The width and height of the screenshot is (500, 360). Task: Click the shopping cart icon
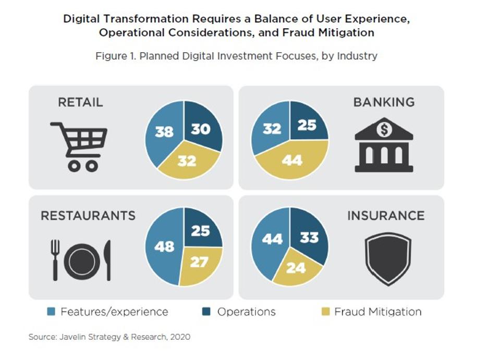coord(79,146)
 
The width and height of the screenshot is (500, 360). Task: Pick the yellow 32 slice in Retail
coord(187,161)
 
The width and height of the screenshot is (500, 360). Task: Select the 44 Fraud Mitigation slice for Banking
coord(292,160)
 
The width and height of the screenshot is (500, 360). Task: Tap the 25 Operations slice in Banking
coord(308,124)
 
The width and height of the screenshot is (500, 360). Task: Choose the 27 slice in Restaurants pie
coord(199,262)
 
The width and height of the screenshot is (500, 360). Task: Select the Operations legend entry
coord(239,312)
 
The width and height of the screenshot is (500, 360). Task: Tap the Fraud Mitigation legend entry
coord(371,312)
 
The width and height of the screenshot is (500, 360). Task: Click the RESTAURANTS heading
coord(88,215)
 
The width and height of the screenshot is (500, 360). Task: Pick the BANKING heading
coord(384,102)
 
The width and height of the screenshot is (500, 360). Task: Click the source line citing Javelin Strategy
coord(109,337)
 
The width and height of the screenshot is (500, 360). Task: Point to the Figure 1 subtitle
coord(236,56)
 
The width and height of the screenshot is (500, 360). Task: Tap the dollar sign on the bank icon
coord(384,129)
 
